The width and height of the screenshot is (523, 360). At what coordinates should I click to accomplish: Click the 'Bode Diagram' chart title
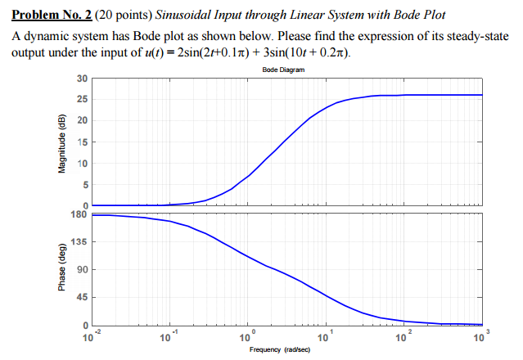pyautogui.click(x=283, y=70)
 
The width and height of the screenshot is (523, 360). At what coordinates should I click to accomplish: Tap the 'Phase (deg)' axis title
pyautogui.click(x=60, y=270)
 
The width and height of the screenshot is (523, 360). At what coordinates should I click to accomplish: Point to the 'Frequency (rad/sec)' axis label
pyautogui.click(x=283, y=349)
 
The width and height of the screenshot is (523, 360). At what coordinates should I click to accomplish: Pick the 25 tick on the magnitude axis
pyautogui.click(x=81, y=100)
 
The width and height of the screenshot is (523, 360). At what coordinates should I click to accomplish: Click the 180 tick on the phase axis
pyautogui.click(x=79, y=214)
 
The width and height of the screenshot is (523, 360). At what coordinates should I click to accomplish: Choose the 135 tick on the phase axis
pyautogui.click(x=79, y=242)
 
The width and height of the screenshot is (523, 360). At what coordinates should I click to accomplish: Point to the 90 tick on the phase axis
pyautogui.click(x=81, y=270)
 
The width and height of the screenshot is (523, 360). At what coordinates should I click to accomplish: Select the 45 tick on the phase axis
pyautogui.click(x=81, y=298)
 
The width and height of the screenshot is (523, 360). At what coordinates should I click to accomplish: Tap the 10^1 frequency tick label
pyautogui.click(x=325, y=336)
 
